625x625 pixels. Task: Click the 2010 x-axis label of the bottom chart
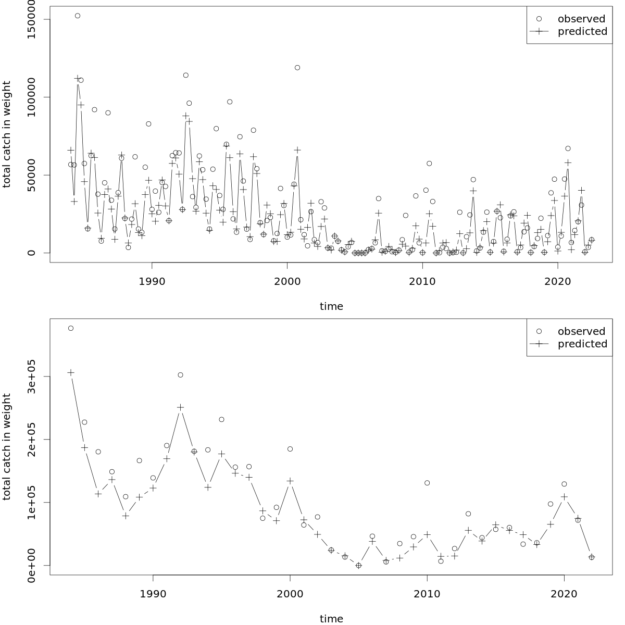[x=427, y=594]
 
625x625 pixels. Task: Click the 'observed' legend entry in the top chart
[x=581, y=19]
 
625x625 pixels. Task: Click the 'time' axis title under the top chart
[x=331, y=307]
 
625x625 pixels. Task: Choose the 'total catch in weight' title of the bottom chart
[x=7, y=447]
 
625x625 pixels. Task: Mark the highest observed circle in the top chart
[x=78, y=16]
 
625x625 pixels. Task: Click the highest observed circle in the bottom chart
[x=71, y=328]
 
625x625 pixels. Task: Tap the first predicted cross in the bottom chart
[x=71, y=372]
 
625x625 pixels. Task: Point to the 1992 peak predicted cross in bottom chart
[x=180, y=407]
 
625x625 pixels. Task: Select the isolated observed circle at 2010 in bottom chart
[x=427, y=483]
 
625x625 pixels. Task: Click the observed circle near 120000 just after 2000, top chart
[x=297, y=68]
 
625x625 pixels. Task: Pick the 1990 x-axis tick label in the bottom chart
[x=153, y=594]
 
